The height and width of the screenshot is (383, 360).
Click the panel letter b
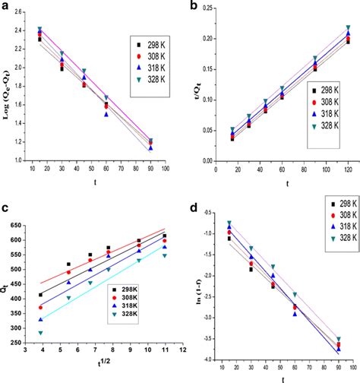193,7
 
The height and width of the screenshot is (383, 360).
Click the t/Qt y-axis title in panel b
197,91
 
